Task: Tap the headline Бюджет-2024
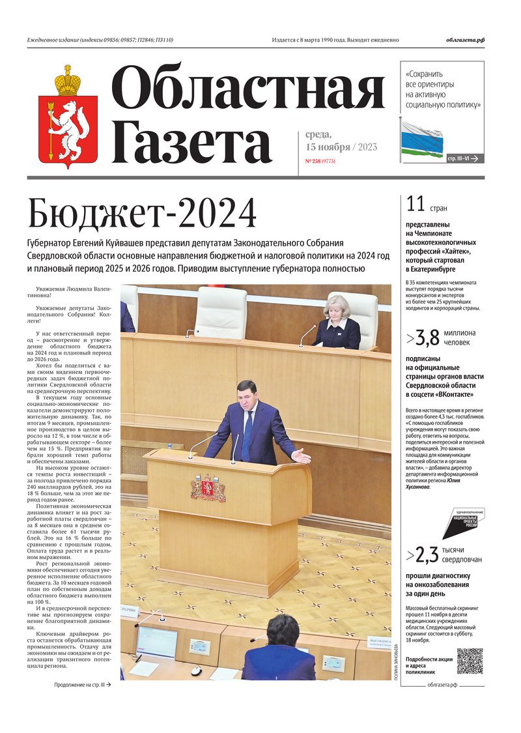coord(142,214)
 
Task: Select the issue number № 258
coord(312,160)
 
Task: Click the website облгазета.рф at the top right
coord(465,40)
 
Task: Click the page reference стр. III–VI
coord(464,158)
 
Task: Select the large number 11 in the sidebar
coord(415,204)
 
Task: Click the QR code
coord(470,661)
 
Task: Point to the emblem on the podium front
coord(208,488)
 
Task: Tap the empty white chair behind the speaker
coord(221,313)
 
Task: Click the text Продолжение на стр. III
coord(82,685)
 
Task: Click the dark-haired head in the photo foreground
coord(283,630)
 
